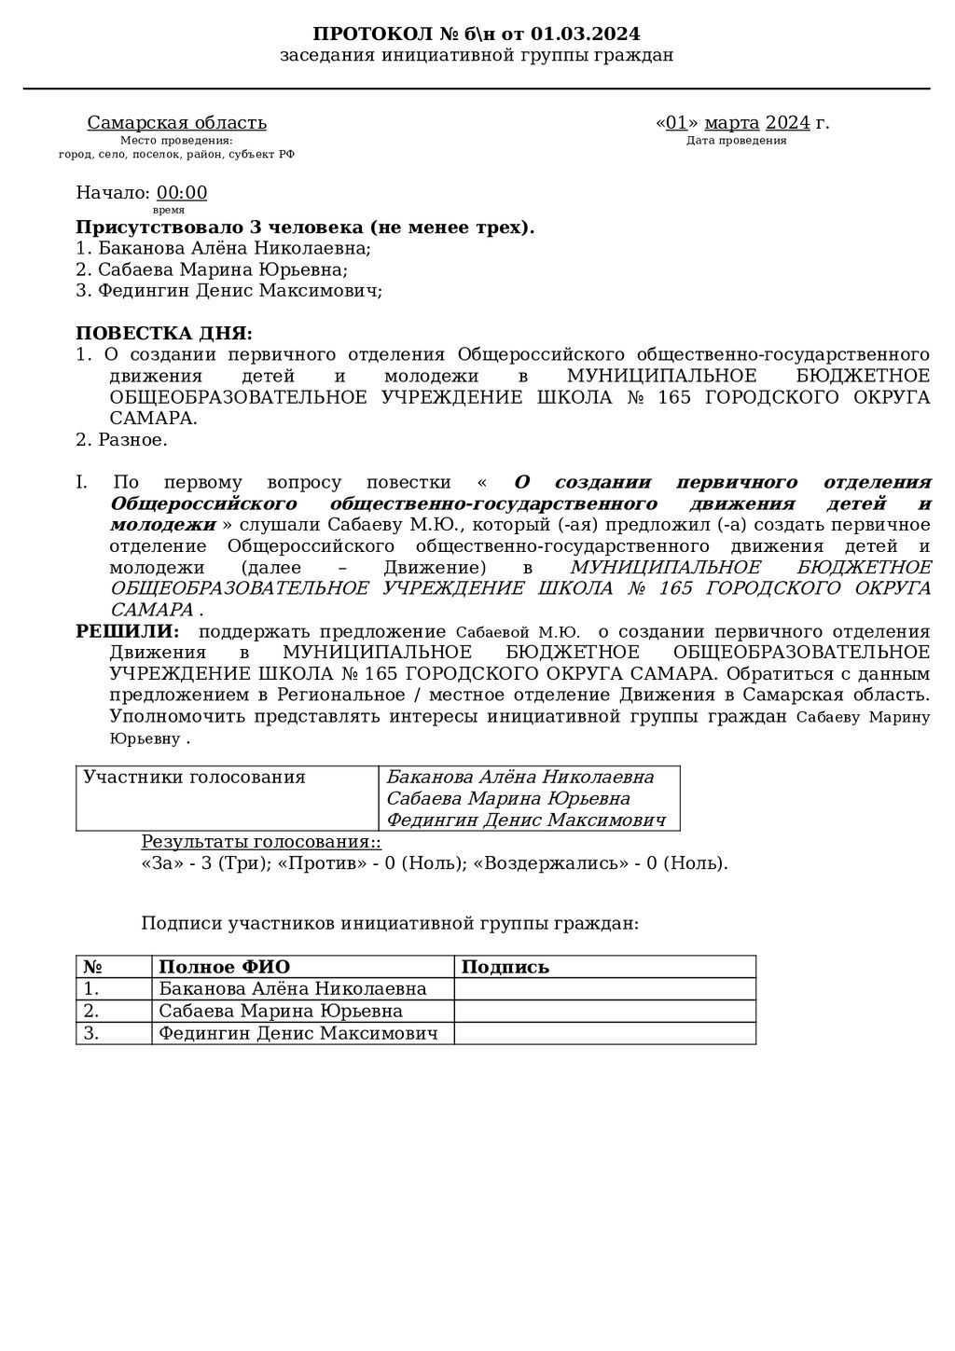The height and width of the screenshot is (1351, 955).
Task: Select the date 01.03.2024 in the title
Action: pos(586,34)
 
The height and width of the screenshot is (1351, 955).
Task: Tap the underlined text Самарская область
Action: pos(177,123)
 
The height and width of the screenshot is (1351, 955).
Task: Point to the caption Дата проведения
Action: pos(736,141)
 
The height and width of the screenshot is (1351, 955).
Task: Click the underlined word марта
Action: pos(731,123)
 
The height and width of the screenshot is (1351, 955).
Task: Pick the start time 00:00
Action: pos(182,193)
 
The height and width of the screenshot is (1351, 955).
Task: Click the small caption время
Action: pos(168,211)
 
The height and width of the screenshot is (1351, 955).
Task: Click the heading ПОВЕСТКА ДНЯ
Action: pos(163,334)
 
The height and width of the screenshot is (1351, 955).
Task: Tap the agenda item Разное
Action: pos(132,440)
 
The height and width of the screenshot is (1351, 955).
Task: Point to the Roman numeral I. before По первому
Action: pos(81,483)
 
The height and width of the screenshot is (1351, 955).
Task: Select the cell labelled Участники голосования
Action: pos(194,778)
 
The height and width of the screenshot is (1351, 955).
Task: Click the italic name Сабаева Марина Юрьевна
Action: pos(508,799)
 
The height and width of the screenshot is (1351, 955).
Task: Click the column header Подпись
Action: pos(505,967)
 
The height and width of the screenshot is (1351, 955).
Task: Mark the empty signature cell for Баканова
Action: pos(604,989)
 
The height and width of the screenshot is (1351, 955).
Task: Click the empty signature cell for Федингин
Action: pos(604,1033)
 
